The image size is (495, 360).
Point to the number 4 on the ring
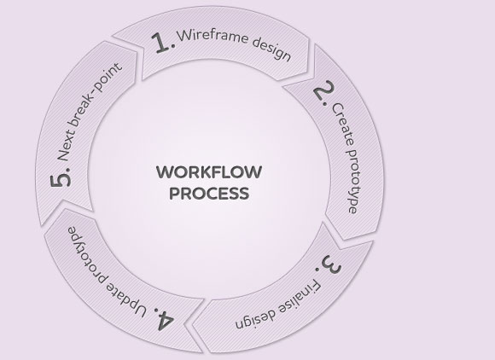(x=164, y=318)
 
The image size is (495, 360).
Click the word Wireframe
(x=213, y=36)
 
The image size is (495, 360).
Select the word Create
(x=342, y=125)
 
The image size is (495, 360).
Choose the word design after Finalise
(x=255, y=318)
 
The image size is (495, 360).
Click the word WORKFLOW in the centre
(x=209, y=172)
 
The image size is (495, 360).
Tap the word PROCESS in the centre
(x=209, y=194)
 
